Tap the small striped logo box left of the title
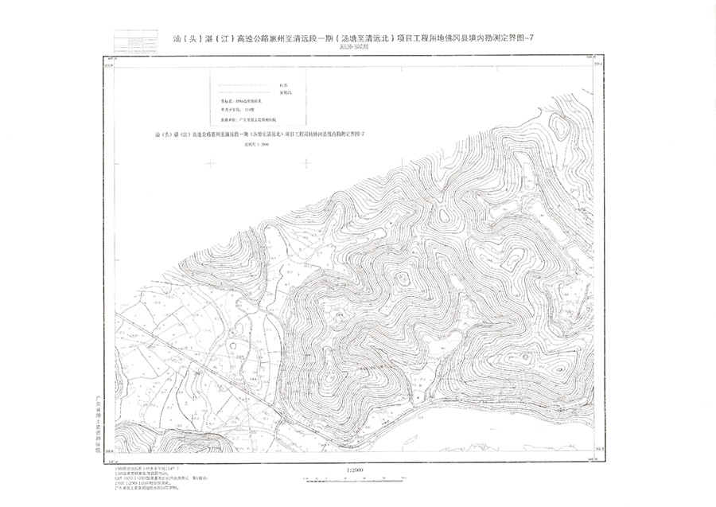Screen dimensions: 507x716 [x=135, y=41]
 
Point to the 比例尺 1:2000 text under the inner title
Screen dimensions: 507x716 [x=259, y=145]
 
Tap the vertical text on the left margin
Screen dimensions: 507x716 [x=99, y=418]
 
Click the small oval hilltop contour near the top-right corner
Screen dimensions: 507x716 [x=559, y=127]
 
